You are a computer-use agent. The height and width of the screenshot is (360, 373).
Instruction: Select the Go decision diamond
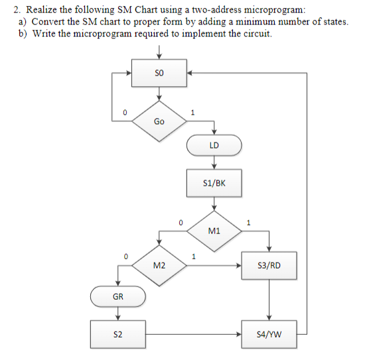159,121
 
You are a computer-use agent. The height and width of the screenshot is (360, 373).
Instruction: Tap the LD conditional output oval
213,145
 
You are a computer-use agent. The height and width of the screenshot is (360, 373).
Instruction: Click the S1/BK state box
213,183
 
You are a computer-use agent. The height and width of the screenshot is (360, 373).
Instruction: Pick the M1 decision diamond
213,231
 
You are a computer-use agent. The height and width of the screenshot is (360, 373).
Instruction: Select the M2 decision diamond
159,266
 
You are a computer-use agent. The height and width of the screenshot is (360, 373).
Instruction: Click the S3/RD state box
268,266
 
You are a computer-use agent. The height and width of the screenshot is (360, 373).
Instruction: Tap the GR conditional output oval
117,296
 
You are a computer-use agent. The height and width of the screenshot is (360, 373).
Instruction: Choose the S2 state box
117,335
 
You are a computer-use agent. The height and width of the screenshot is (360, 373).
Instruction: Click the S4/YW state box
268,335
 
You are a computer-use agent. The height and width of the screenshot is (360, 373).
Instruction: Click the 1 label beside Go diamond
192,112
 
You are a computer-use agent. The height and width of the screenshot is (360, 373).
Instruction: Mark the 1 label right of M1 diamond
248,222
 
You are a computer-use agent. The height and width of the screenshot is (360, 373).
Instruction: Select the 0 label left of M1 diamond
179,222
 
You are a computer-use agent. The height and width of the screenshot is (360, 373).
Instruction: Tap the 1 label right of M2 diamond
192,256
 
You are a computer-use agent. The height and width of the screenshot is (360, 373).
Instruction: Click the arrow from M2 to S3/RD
212,266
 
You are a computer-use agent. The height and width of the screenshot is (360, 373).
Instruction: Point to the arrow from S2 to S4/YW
192,335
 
